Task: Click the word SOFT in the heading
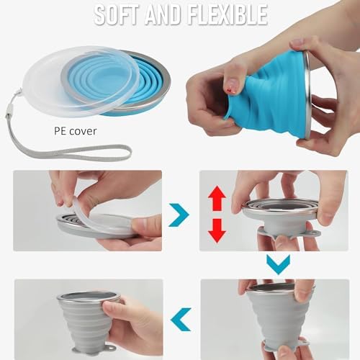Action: [116, 14]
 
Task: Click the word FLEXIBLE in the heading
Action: [228, 14]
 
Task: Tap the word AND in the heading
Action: [163, 14]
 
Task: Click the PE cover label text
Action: [76, 131]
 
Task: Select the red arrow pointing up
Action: [217, 198]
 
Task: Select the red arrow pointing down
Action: [217, 230]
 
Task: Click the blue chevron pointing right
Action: [179, 215]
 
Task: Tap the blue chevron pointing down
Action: [279, 264]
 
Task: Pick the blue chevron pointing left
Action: [181, 320]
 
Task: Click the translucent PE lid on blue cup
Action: [81, 81]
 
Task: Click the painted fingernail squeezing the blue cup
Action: [230, 89]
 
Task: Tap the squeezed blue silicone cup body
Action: [269, 96]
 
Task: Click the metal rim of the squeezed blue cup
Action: [307, 96]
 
